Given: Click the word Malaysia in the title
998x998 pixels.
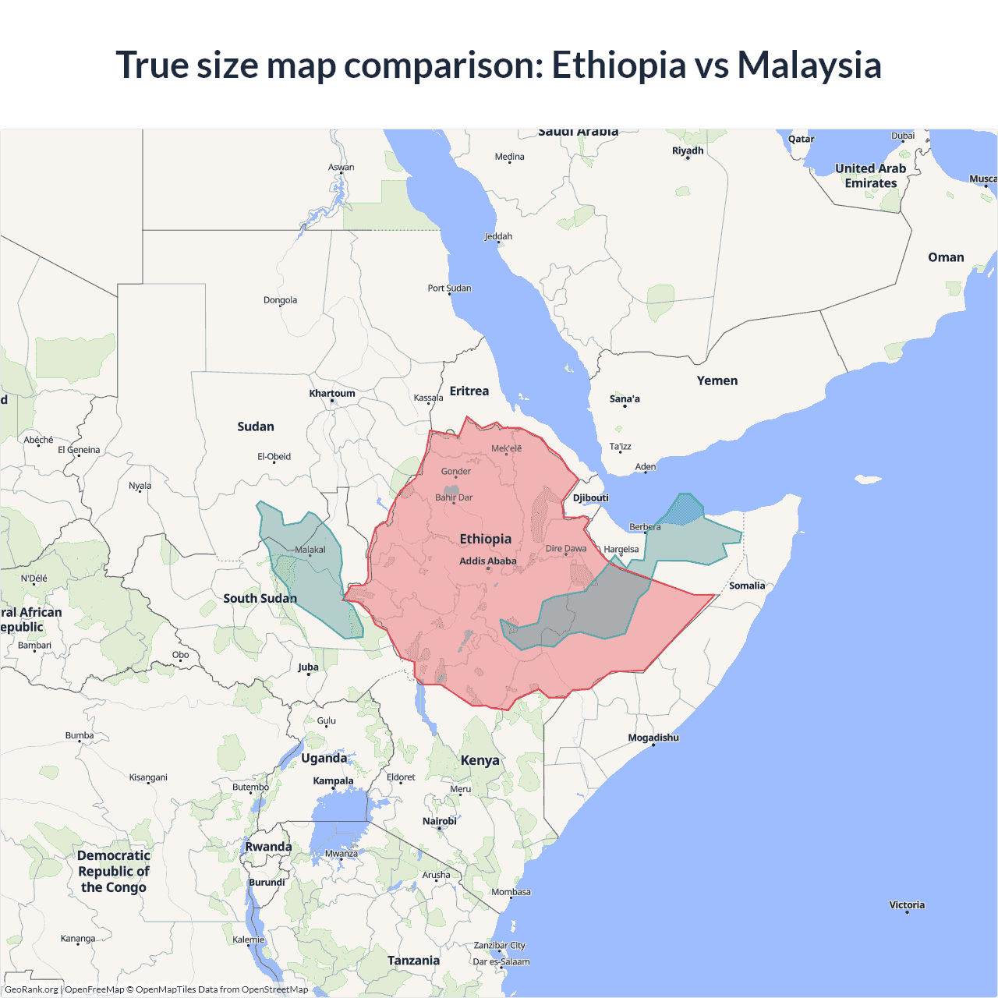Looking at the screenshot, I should (809, 65).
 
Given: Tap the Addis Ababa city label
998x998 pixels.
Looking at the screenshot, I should (487, 561).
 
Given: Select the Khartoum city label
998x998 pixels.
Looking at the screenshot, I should (331, 394).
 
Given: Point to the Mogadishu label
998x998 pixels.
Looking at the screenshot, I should (653, 738).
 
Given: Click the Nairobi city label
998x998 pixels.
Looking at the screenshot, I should (439, 821).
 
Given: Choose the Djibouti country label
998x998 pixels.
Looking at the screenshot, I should (590, 498).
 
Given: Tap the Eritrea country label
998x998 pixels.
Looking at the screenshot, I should (469, 391).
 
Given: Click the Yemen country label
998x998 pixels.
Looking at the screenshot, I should (717, 380).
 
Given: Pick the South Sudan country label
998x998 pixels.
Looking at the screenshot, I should (260, 599).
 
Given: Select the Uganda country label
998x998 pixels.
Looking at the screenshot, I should (324, 758).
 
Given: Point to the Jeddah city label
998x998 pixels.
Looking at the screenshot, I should (498, 236).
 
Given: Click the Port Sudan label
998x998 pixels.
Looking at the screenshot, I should (449, 288).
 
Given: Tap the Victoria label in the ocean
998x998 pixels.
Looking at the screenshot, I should (906, 905).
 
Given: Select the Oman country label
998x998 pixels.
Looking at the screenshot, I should (946, 257).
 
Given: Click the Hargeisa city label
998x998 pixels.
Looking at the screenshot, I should (621, 549).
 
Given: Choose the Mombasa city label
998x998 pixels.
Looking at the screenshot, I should (511, 892).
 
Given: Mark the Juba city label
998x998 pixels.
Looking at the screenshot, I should (308, 667).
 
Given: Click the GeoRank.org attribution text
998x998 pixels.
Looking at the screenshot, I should (31, 989).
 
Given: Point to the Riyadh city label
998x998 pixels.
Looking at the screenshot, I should (688, 150).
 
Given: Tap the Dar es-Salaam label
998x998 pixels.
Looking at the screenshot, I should (501, 961).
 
